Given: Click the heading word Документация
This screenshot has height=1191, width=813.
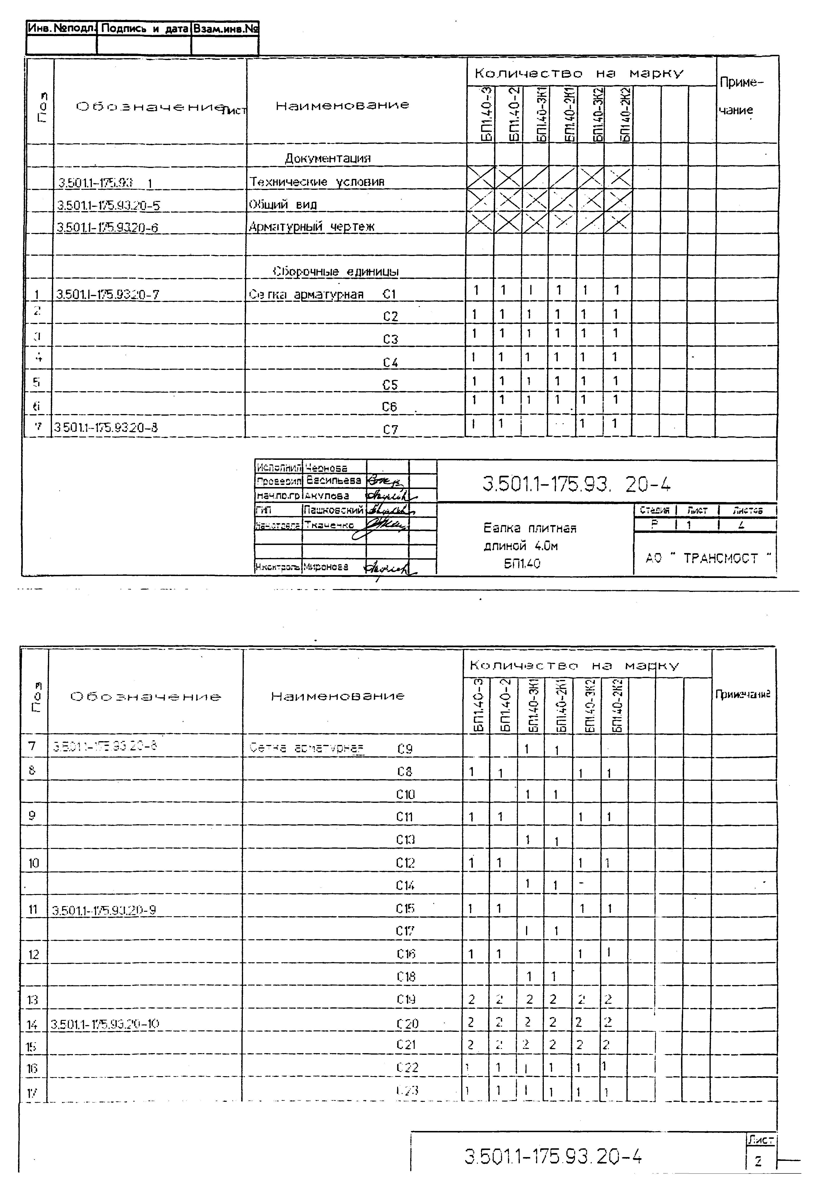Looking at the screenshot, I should click(328, 158).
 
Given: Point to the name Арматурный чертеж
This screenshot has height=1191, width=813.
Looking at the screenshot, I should click(312, 227).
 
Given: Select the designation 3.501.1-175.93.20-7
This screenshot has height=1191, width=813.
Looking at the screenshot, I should click(108, 294).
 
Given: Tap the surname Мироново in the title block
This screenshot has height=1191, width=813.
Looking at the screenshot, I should click(326, 567).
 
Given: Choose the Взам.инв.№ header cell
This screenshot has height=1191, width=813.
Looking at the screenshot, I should click(225, 29).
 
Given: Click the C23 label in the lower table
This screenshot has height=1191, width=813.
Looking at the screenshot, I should click(407, 1091).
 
